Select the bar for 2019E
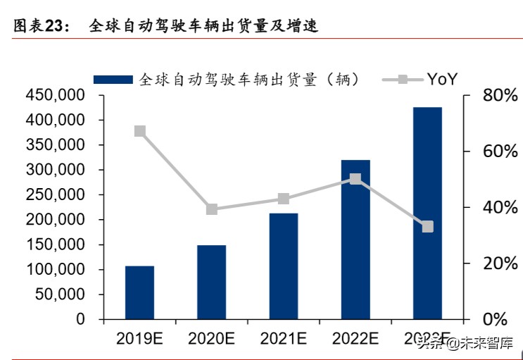[139, 292]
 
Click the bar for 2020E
[211, 282]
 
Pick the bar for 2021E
[283, 266]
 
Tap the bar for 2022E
[355, 240]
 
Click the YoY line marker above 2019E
[139, 131]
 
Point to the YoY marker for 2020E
[211, 209]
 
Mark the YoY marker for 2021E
[283, 199]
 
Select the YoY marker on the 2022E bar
[355, 179]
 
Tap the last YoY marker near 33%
[427, 227]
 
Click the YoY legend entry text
[441, 80]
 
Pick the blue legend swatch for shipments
[113, 80]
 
